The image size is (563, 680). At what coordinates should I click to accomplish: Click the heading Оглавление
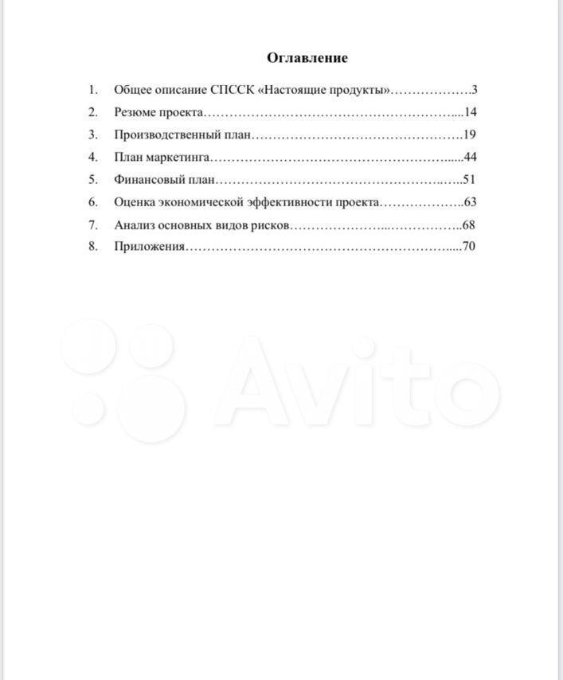pos(307,57)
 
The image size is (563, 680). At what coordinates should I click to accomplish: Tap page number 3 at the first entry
pos(474,89)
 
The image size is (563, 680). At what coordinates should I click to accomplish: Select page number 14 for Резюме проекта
pos(470,111)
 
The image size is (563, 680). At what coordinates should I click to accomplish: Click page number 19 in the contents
pos(470,134)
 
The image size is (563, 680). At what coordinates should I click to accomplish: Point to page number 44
pos(470,156)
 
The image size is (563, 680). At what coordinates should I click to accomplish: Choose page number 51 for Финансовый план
pos(469,179)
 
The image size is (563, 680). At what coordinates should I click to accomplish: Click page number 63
pos(470,201)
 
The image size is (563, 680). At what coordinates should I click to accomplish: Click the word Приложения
pos(149,246)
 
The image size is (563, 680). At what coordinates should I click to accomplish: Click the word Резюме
pos(137,111)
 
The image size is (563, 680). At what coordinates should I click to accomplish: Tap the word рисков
pos(272,225)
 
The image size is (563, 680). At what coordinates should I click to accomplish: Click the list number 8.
pos(93,246)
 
